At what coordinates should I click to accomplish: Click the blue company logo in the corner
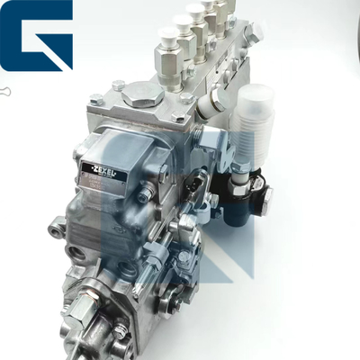37,36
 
